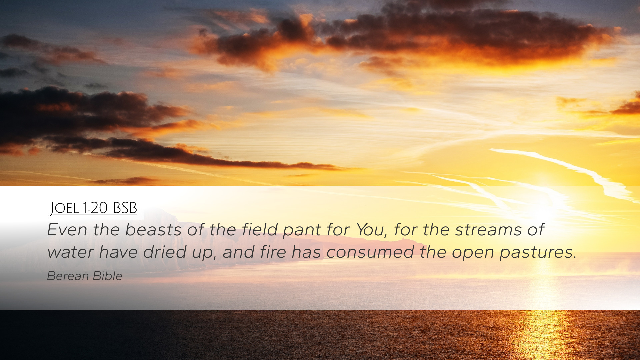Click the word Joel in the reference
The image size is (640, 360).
point(64,208)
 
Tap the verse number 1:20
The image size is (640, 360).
point(95,208)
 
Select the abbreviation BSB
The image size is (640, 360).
point(125,208)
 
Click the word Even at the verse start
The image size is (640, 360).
point(67,229)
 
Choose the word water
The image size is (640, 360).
point(70,252)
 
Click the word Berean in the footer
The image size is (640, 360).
point(68,276)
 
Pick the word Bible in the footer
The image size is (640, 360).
point(108,276)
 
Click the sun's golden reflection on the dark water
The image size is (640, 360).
point(543,333)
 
